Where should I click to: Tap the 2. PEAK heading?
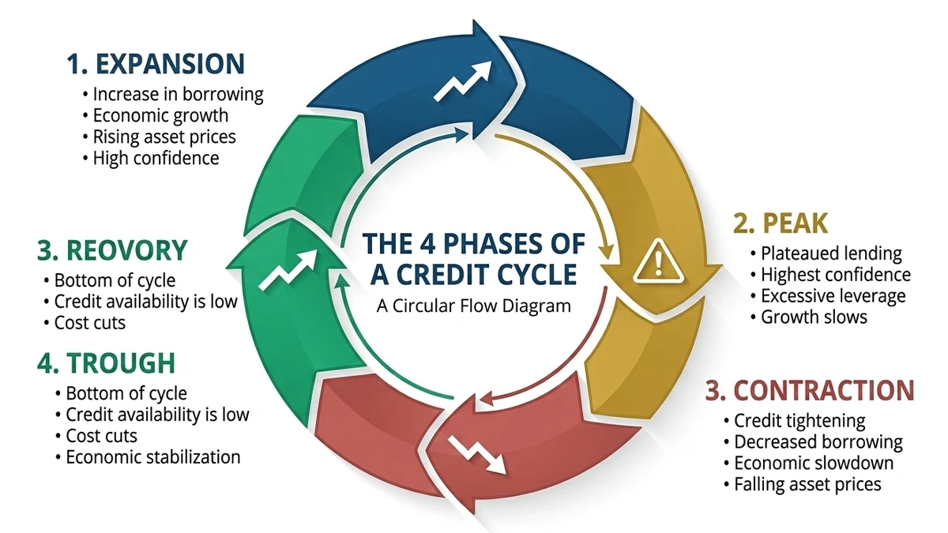tap(780, 223)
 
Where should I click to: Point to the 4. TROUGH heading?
tap(106, 363)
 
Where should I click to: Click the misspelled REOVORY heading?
tap(112, 250)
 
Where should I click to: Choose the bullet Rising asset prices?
tap(164, 137)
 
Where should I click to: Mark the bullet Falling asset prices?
tap(807, 483)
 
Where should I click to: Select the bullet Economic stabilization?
tap(153, 456)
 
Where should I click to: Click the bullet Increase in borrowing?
tap(178, 94)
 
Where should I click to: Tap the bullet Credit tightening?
tap(799, 420)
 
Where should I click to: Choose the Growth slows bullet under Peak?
tap(814, 317)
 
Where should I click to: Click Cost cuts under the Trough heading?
tap(101, 435)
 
